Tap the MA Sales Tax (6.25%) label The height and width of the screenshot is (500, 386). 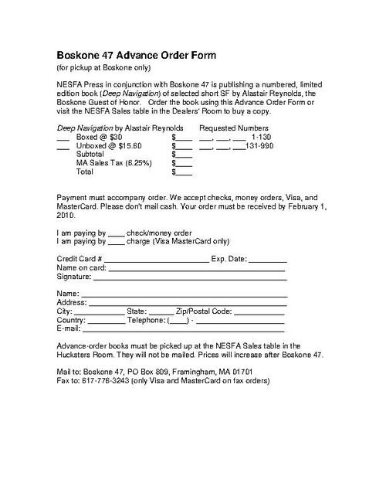tap(113, 163)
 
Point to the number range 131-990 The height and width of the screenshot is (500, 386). tap(260, 145)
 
